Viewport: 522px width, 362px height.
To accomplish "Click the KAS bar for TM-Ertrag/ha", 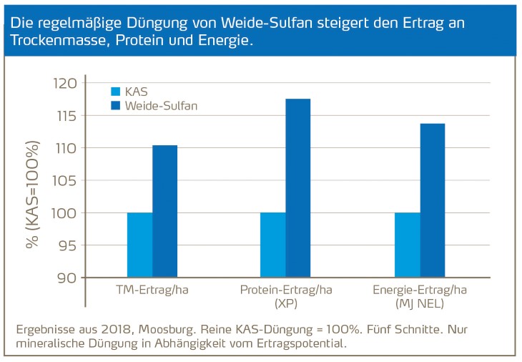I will coord(139,245).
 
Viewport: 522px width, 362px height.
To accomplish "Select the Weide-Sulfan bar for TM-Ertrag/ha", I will coord(164,211).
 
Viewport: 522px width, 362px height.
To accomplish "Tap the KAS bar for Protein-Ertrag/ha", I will coord(272,245).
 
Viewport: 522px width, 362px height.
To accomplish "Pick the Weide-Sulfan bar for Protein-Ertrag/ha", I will coord(298,187).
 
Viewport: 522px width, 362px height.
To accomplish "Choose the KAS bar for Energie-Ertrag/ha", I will coord(407,245).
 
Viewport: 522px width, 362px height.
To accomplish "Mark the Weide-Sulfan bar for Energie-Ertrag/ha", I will coord(433,200).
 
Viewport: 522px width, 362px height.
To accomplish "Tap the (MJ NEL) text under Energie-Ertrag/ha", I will coord(419,304).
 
